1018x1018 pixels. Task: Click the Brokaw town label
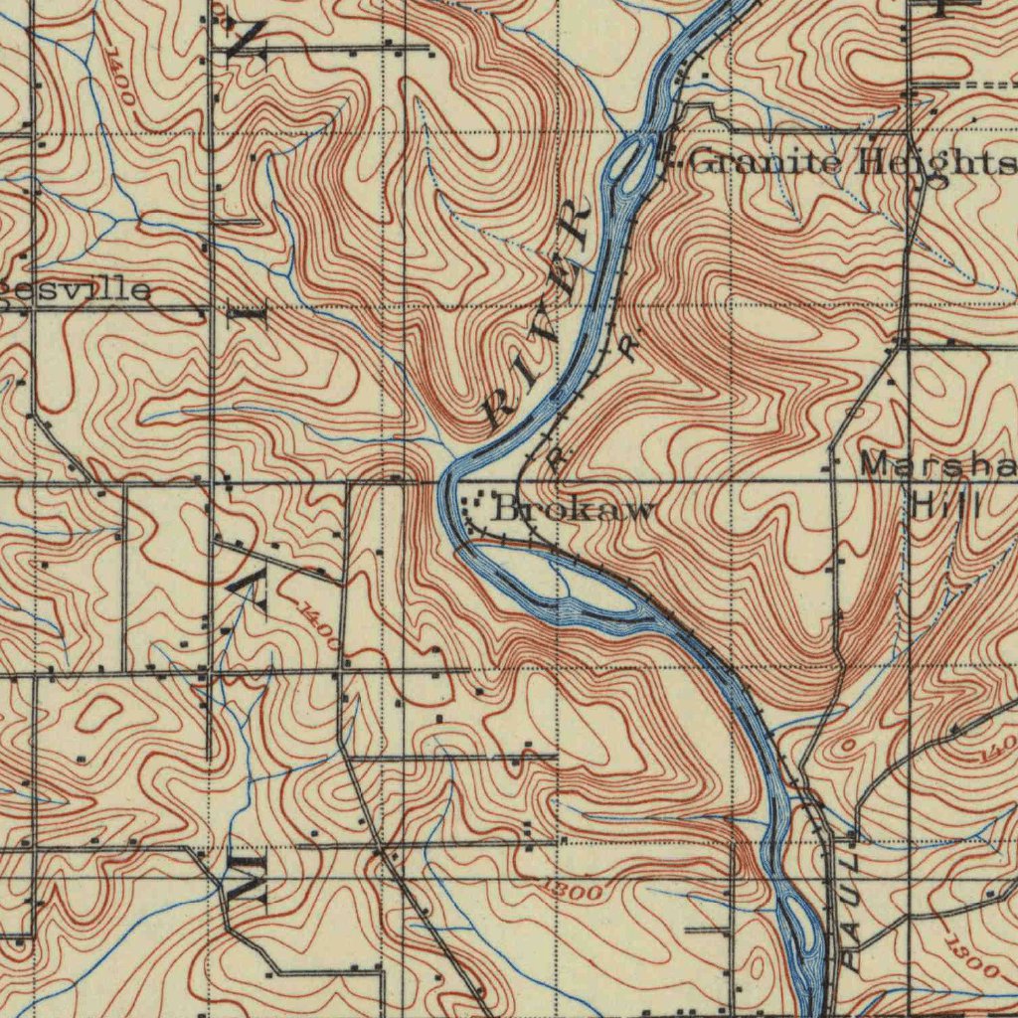click(575, 510)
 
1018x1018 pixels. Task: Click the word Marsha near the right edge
click(934, 465)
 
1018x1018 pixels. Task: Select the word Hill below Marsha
click(945, 504)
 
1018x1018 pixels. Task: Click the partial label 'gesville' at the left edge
click(76, 289)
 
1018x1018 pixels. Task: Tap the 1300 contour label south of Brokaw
click(574, 888)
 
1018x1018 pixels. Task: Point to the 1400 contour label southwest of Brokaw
click(318, 627)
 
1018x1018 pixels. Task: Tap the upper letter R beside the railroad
click(627, 346)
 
